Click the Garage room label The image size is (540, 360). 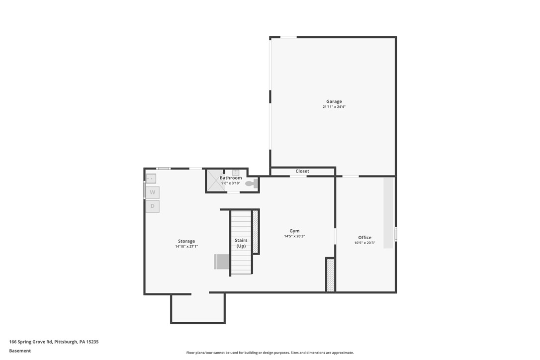pos(334,101)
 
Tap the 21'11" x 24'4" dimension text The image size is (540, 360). pos(334,107)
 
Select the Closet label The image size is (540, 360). pos(302,171)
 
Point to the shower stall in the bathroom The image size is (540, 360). pos(214,180)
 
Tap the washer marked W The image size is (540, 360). pos(153,192)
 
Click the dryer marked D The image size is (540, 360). pos(153,206)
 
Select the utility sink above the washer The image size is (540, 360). pos(151,179)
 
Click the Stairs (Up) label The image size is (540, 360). pos(241,243)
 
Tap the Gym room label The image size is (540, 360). pos(294,231)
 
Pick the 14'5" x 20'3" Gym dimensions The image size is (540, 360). pos(294,236)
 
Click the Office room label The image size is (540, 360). pos(364,237)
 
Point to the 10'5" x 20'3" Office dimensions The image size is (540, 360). pos(364,243)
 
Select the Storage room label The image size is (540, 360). pos(186,241)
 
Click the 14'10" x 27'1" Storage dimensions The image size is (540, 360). pos(186,247)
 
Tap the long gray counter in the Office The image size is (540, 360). pos(388,213)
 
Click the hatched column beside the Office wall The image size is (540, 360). pos(330,275)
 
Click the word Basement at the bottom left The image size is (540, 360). pos(20,351)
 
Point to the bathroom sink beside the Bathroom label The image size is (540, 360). pos(236,173)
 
